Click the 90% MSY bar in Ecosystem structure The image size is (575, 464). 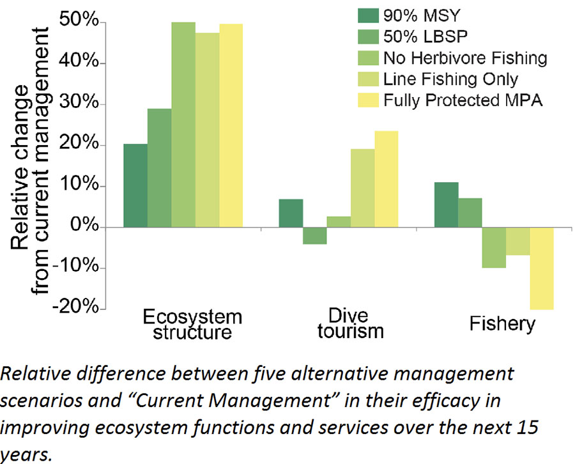click(135, 185)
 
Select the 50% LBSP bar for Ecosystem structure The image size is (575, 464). click(159, 167)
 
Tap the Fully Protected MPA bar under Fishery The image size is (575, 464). click(542, 268)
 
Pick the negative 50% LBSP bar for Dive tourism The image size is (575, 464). click(314, 235)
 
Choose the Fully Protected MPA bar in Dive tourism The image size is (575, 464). click(386, 179)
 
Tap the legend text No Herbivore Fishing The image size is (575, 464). click(465, 59)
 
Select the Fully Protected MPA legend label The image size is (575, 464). click(463, 100)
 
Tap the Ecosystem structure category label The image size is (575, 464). click(192, 324)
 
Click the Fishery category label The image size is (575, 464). click(502, 323)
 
